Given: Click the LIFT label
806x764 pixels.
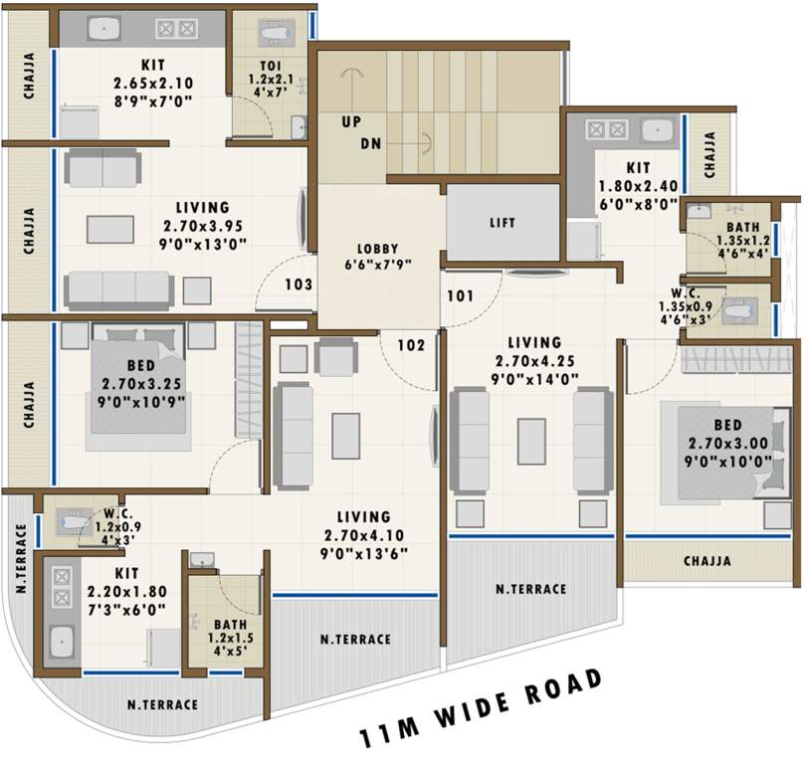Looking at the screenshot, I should coord(504,223).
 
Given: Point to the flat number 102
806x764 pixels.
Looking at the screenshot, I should coord(412,346).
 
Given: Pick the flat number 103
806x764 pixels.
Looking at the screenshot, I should coord(299,285).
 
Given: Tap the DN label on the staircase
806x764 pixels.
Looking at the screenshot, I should coord(370,143).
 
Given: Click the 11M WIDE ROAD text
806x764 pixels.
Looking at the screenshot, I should coord(482,712).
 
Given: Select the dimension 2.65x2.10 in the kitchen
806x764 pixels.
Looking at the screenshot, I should coord(152,84).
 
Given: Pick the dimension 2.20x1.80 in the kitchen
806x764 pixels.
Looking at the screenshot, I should coord(125,592).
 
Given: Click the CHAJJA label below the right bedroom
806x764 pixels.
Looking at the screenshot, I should coord(707,561).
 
